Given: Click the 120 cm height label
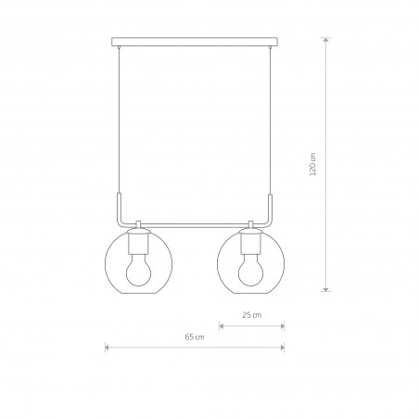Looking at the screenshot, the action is tap(313, 164).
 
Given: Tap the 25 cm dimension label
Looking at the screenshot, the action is tap(252, 315).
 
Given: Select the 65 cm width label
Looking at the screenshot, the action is tap(195, 336).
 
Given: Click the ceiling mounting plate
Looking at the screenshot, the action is tap(195, 42).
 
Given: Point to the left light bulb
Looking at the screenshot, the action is tap(138, 270).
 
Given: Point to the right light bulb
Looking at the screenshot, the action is tap(250, 270).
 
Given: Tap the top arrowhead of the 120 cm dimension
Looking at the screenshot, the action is tap(325, 41).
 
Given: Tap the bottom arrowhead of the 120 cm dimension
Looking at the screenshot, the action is tap(325, 287).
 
